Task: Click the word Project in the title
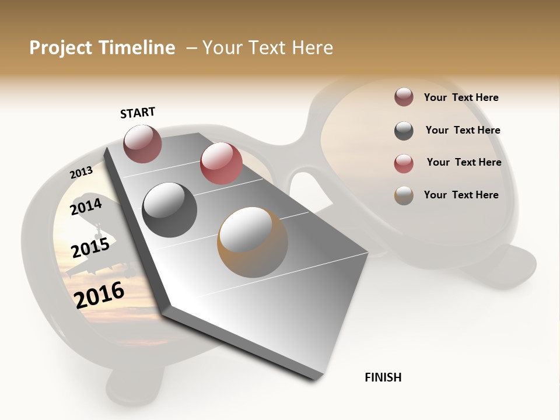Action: (60, 48)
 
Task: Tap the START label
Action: (138, 113)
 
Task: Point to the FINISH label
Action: (383, 377)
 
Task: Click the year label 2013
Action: (81, 173)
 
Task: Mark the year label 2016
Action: (99, 295)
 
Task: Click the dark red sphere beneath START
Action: (142, 143)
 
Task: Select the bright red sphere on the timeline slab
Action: (221, 163)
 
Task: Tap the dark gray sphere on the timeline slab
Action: (170, 209)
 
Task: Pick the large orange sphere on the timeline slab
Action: (252, 242)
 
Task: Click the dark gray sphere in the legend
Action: (404, 131)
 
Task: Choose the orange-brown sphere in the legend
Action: (404, 195)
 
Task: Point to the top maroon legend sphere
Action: (404, 97)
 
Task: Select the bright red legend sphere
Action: (404, 163)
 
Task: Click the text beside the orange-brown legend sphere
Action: (461, 195)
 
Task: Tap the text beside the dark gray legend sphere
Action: (463, 130)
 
